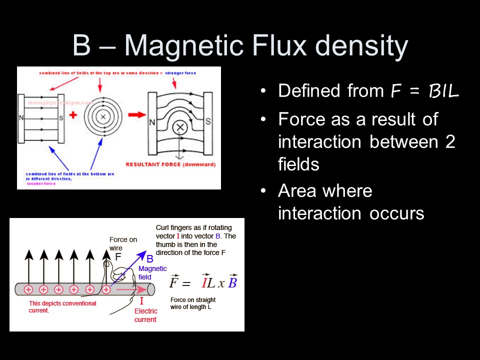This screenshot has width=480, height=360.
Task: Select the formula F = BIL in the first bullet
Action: click(424, 91)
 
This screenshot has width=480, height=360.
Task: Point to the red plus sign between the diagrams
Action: click(73, 115)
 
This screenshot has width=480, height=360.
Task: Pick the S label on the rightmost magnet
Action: click(208, 121)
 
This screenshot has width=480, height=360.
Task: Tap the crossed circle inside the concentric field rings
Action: click(103, 116)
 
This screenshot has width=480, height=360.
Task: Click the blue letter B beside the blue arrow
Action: click(149, 259)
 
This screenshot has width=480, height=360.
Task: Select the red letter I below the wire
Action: click(141, 301)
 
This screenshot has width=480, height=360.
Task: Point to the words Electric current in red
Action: click(145, 315)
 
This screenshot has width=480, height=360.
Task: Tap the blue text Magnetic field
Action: click(152, 272)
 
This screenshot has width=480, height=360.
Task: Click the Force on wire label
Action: click(123, 243)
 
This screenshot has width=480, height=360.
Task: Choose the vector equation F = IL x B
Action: click(202, 282)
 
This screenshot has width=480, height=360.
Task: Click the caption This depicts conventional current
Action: click(62, 306)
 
